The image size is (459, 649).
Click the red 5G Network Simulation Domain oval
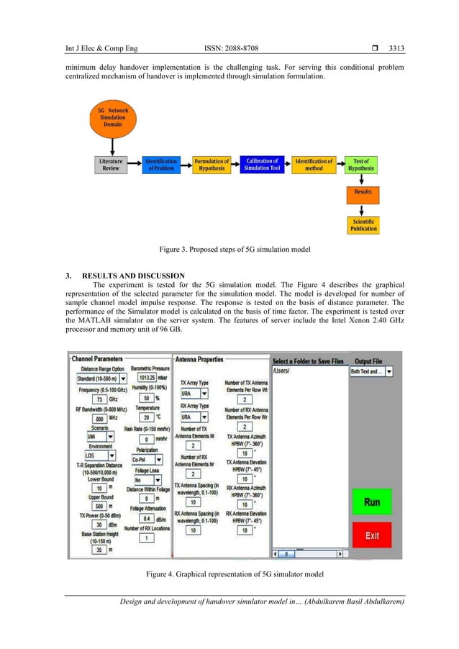pos(109,119)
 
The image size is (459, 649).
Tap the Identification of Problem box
pos(162,165)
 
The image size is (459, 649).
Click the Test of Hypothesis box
pos(363,165)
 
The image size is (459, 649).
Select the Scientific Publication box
pos(363,224)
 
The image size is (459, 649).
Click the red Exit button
pos(371,535)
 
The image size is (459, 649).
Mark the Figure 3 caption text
pos(229,250)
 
